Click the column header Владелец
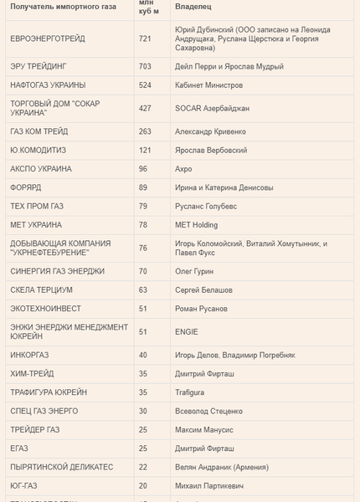(193, 7)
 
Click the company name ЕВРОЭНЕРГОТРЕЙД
(47, 38)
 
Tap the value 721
(145, 38)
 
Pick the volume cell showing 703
(145, 66)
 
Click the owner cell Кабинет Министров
(209, 85)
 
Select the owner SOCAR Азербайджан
(213, 108)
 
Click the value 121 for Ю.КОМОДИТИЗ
(145, 151)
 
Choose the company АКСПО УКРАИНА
(41, 169)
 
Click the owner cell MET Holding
(197, 225)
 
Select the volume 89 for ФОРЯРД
(143, 187)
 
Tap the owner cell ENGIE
(186, 331)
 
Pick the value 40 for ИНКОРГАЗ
(143, 355)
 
